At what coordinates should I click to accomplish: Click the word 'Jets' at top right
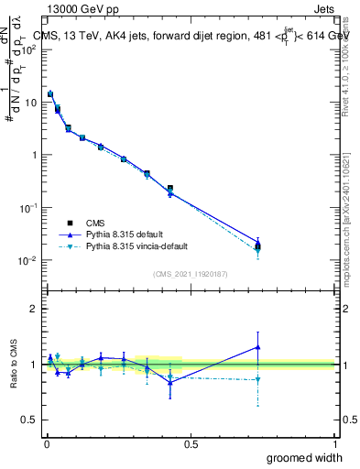(322, 8)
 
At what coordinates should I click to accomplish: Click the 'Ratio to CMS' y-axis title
(12, 364)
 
